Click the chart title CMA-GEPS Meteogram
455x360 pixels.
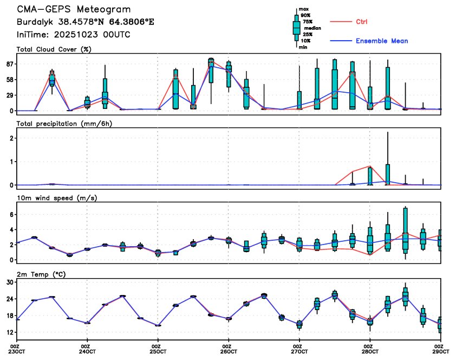click(x=74, y=10)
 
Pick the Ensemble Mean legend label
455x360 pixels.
click(x=381, y=41)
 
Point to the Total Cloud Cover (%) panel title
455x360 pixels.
click(x=53, y=49)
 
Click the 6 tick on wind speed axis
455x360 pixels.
click(x=11, y=215)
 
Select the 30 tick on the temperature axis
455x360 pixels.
click(x=9, y=282)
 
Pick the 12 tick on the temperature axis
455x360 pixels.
click(x=9, y=332)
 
